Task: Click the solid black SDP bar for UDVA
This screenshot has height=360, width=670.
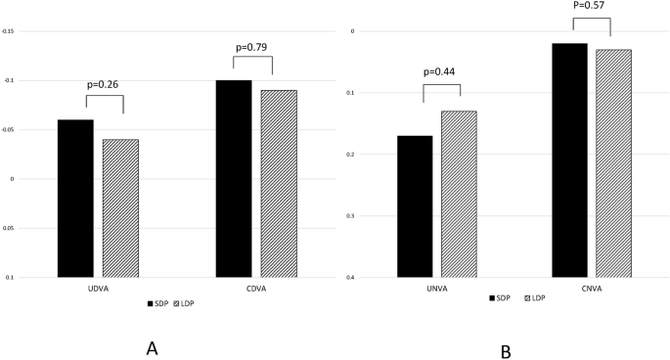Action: point(75,199)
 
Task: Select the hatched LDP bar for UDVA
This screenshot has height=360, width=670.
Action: point(120,208)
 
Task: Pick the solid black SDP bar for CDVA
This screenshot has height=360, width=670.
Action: point(234,179)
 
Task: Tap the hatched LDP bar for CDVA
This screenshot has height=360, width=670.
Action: point(279,184)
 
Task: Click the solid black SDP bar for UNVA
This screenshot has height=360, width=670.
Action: point(415,206)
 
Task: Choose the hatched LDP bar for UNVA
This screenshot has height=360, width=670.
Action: point(459,194)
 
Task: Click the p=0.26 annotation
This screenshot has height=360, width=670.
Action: point(105,84)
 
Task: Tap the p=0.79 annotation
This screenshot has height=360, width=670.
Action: point(254,46)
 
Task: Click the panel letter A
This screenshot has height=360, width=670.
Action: point(152,347)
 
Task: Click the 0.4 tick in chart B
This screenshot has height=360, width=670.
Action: point(343,278)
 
